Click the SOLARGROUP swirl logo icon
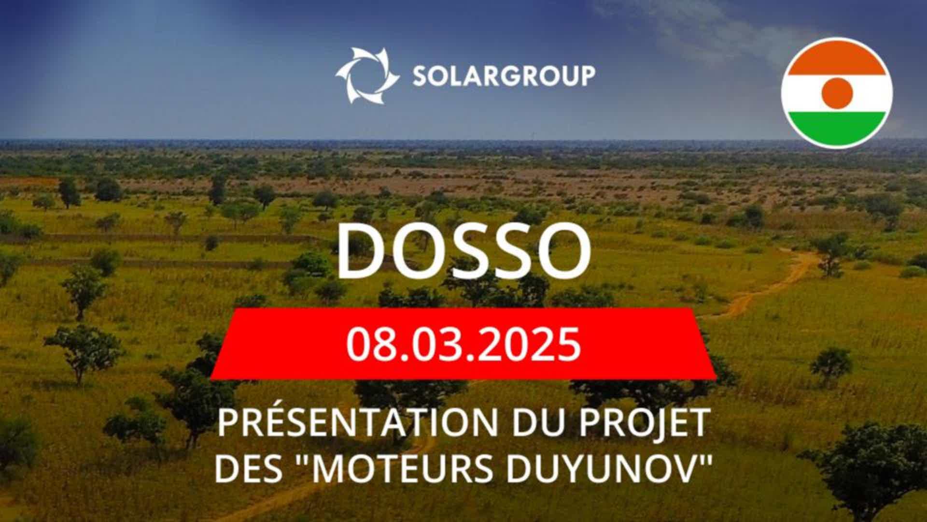(x=367, y=75)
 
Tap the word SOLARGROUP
(x=504, y=76)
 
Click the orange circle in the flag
(x=837, y=93)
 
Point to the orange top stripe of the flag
(x=837, y=57)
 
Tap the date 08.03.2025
(x=463, y=344)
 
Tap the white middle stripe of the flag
(x=837, y=93)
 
